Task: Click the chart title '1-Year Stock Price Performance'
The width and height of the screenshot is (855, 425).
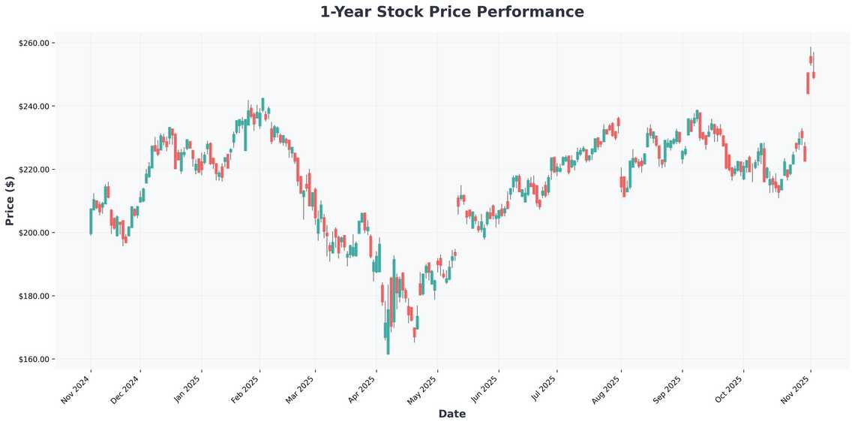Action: click(451, 12)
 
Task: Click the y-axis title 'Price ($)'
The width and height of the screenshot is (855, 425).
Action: click(10, 200)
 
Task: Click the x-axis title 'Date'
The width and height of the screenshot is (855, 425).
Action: click(451, 414)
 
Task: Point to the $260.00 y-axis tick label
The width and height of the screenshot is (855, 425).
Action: click(34, 44)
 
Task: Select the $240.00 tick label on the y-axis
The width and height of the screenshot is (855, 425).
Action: click(34, 107)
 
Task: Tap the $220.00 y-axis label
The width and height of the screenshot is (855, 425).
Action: click(34, 170)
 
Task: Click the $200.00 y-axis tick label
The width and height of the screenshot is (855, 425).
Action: click(34, 233)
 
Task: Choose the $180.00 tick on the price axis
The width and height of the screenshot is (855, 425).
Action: click(34, 296)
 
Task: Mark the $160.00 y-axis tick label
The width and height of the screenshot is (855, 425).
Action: click(34, 359)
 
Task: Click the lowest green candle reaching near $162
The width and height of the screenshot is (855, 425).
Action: click(388, 338)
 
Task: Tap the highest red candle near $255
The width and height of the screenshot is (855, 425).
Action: click(811, 59)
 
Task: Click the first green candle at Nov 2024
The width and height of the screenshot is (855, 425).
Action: click(91, 221)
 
